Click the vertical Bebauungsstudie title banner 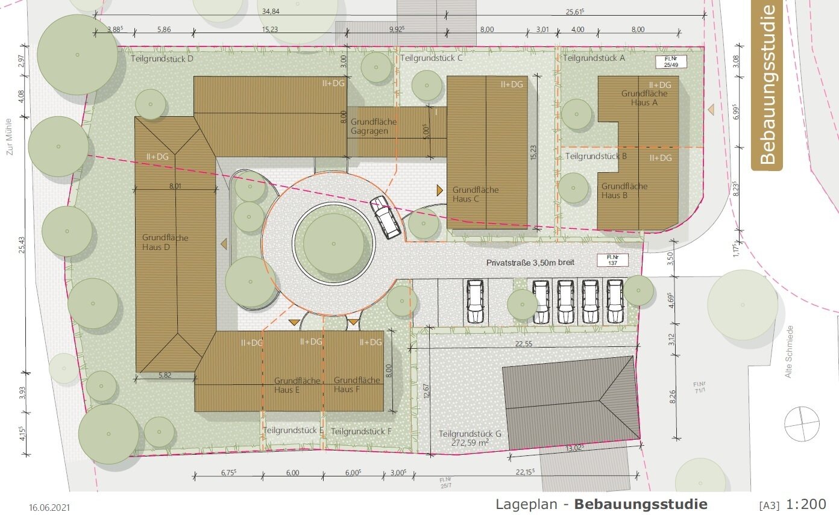[767, 85]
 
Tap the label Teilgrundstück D [162, 59]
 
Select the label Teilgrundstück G [470, 434]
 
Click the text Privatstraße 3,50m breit [530, 263]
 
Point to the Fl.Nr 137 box [612, 260]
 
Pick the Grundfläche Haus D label [165, 242]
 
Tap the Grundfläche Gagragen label [373, 126]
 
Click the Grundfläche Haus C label [476, 194]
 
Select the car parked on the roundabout [386, 217]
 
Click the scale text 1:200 [806, 504]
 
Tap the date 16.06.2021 [49, 508]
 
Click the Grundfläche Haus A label [644, 98]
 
